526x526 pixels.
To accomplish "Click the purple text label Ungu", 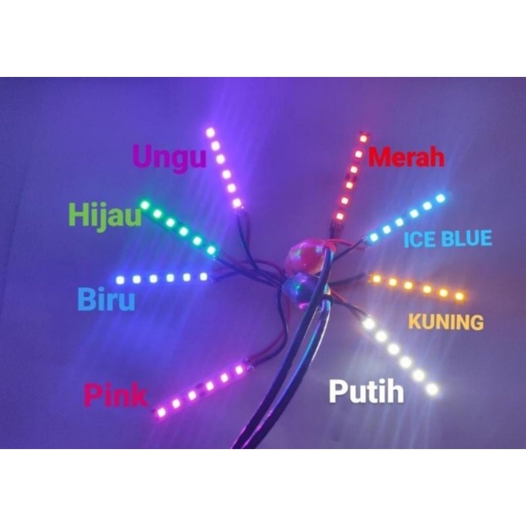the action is [170, 158].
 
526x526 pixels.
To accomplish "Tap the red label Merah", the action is [406, 158].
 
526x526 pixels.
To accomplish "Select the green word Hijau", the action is [105, 214].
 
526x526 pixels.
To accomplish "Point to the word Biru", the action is [107, 300].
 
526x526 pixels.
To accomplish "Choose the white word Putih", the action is [366, 393].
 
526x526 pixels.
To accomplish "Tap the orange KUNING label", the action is [446, 322].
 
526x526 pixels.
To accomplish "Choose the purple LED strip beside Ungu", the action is [224, 168].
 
